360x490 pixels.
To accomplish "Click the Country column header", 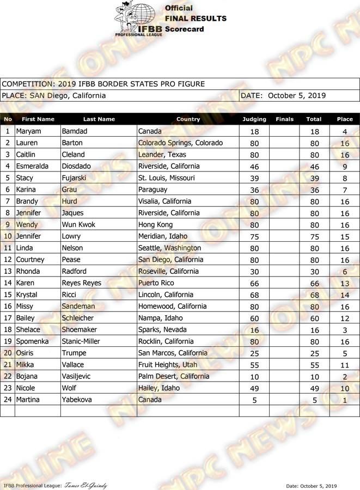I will click(x=188, y=119).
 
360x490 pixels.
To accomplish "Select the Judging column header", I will click(x=254, y=119).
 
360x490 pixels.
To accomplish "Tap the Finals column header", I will click(x=284, y=119).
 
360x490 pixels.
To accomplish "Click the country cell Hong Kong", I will click(x=155, y=224).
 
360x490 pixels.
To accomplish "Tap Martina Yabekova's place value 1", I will click(x=345, y=400).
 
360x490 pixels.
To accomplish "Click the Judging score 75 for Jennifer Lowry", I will click(x=254, y=236).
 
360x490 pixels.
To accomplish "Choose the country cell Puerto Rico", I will click(x=157, y=283).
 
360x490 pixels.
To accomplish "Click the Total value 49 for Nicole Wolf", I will click(x=314, y=388).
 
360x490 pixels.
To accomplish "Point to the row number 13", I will click(x=8, y=271).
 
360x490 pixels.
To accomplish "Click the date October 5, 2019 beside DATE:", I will click(x=297, y=95).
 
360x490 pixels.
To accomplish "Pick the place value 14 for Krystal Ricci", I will click(x=345, y=295).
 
